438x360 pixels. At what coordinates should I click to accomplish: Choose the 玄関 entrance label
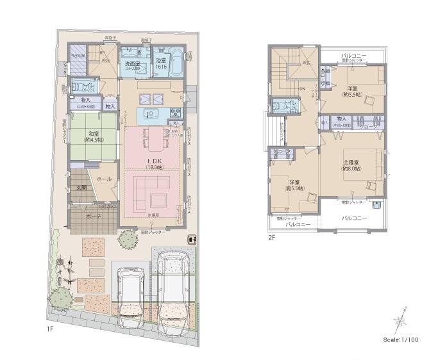click(x=81, y=188)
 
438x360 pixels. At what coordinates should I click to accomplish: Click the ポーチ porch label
click(x=92, y=216)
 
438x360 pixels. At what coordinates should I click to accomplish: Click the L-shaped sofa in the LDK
click(x=153, y=192)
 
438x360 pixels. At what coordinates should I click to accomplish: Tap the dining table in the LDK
click(x=154, y=138)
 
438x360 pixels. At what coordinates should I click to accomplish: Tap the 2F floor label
click(x=272, y=237)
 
